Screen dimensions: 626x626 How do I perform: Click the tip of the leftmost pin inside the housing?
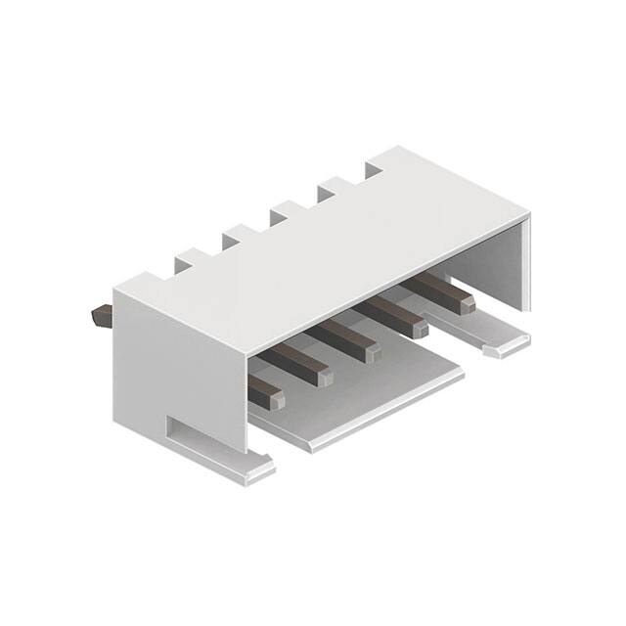[x=266, y=395]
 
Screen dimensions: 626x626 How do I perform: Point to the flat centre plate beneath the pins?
[x=362, y=401]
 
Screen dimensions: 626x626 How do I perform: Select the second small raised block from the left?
[x=238, y=237]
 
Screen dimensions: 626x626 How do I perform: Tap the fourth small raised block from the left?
[x=333, y=188]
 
